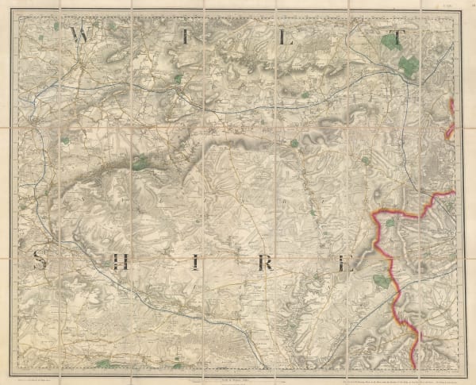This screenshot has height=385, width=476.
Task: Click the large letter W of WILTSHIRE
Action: click(79, 34)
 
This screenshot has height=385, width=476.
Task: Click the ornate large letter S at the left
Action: click(41, 258)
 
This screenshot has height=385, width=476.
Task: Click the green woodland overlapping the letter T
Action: click(390, 39)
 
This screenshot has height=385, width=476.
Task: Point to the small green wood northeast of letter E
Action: click(390, 225)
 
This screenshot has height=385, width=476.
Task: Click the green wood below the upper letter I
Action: click(177, 79)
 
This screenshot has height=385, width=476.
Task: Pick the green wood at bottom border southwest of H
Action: click(102, 363)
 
